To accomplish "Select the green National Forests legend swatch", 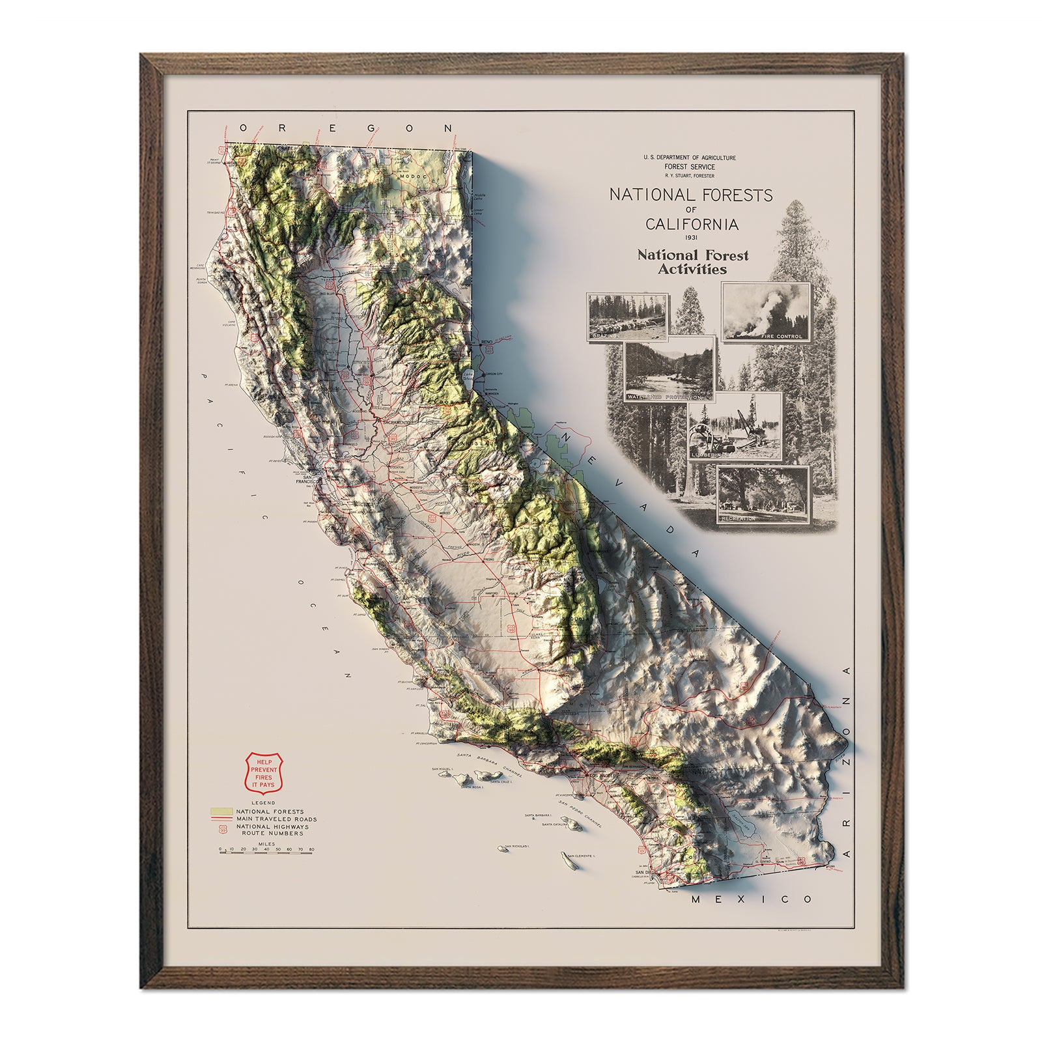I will [221, 811].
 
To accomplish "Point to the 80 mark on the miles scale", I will [312, 849].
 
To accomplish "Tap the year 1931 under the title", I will [691, 237].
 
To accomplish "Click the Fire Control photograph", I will [766, 312].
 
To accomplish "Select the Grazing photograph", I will [628, 317].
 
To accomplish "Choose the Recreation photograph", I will [763, 495].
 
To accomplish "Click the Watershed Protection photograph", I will [669, 371].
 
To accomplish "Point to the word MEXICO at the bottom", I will [752, 899].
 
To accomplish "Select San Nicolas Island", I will [502, 849].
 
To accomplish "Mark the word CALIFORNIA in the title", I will [692, 224].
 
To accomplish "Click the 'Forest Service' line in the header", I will [689, 167].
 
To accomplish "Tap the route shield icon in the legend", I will [223, 830].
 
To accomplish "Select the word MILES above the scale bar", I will [266, 843].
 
